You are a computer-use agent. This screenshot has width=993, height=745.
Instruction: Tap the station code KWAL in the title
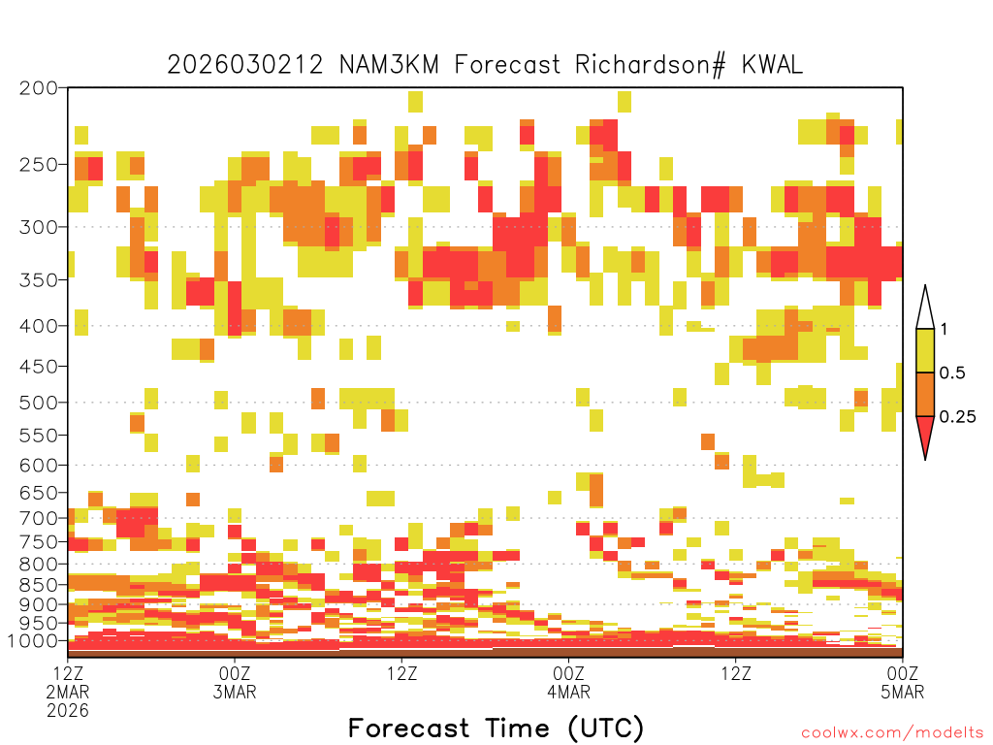click(x=772, y=65)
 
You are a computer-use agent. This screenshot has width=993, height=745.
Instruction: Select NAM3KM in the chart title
click(x=389, y=65)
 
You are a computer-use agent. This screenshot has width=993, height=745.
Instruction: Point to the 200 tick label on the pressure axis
click(x=39, y=88)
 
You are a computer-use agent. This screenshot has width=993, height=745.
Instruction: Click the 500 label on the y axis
click(x=39, y=403)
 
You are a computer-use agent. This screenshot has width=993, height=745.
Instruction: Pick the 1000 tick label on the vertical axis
click(x=33, y=641)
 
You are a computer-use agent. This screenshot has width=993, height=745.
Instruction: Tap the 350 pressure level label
click(x=39, y=280)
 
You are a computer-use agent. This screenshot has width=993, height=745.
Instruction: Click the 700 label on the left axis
click(x=39, y=518)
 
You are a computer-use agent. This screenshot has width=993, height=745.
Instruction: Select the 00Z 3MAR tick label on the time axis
click(x=235, y=682)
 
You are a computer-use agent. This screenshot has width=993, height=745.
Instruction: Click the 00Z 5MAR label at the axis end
click(x=903, y=682)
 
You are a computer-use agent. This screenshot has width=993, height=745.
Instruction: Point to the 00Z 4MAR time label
click(x=568, y=682)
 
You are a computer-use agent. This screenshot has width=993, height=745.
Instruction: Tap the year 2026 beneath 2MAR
click(x=68, y=710)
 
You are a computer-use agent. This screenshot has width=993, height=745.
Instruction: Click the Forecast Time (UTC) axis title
click(x=496, y=729)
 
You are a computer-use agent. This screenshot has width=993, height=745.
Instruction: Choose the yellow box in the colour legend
click(x=925, y=350)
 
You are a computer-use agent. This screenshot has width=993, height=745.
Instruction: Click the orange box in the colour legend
click(x=925, y=394)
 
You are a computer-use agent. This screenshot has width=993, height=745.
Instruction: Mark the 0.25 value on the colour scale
click(x=957, y=417)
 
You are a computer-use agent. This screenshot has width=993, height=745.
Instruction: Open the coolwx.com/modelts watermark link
click(x=892, y=733)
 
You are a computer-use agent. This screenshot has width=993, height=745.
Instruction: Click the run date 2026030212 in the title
click(x=245, y=65)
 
